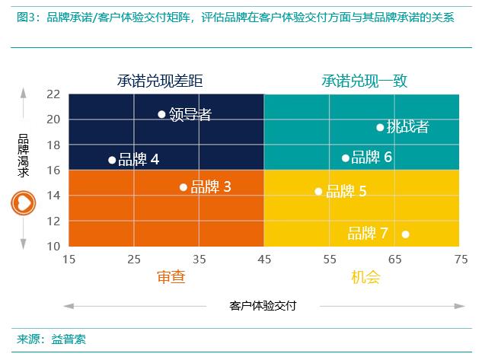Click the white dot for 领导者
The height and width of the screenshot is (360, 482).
point(161,114)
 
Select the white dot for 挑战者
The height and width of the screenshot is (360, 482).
point(380,127)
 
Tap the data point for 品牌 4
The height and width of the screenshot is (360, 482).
point(112,160)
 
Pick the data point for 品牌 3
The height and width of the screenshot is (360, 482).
point(183,187)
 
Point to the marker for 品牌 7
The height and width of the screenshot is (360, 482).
point(405,234)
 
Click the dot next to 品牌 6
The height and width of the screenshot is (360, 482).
point(345,158)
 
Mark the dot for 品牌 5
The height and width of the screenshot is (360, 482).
point(318,191)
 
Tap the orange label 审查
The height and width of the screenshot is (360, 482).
point(171,277)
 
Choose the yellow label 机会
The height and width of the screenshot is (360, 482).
point(365,277)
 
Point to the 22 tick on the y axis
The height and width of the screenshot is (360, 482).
point(53,94)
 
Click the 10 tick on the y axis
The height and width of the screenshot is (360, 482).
point(53,247)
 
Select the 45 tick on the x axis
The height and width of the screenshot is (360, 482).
point(264,260)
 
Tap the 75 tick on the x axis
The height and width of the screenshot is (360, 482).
point(460,260)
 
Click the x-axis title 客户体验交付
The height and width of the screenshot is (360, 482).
point(263,306)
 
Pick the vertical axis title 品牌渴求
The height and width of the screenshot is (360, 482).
point(24,156)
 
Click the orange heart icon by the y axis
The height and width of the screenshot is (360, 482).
point(23,203)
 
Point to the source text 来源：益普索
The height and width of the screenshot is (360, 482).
point(51,339)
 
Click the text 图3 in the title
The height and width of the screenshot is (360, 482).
point(26,17)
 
